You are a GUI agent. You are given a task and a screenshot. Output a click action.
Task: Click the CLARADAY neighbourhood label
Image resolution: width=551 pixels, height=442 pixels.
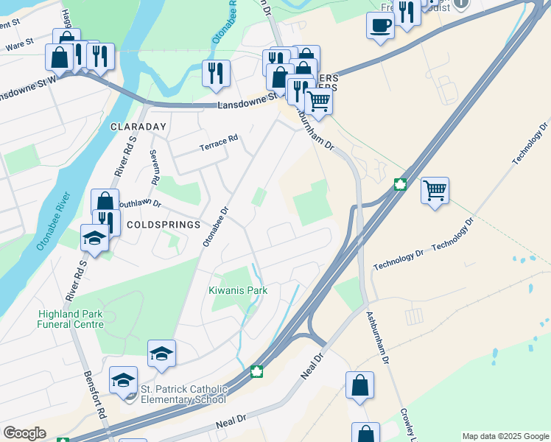[138, 127]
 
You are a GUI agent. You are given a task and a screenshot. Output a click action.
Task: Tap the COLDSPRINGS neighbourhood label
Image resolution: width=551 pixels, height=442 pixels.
[164, 224]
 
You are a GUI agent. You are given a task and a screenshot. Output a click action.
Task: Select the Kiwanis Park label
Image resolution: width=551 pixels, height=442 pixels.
[237, 290]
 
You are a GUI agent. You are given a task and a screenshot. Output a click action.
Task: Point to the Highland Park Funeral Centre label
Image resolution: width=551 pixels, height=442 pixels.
[71, 319]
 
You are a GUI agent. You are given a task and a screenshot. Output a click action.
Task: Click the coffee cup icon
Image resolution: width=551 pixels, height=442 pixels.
[380, 26]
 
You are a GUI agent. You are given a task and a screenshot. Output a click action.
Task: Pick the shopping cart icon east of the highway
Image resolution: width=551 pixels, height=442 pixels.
[435, 191]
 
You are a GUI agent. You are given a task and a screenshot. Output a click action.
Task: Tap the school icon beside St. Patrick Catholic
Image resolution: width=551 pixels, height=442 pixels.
[124, 380]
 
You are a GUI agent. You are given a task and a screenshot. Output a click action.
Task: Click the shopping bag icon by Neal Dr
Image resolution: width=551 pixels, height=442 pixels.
[359, 385]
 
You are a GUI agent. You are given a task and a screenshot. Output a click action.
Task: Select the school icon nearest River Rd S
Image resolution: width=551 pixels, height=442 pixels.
[95, 237]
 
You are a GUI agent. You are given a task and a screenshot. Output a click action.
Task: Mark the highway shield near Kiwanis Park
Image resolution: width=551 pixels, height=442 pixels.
[256, 371]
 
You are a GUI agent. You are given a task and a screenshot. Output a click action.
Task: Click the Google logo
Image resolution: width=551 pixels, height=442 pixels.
[24, 433]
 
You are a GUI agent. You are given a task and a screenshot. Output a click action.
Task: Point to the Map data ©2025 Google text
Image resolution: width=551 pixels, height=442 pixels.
[505, 436]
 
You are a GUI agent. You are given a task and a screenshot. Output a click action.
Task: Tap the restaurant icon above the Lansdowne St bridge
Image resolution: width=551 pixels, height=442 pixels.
[216, 73]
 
